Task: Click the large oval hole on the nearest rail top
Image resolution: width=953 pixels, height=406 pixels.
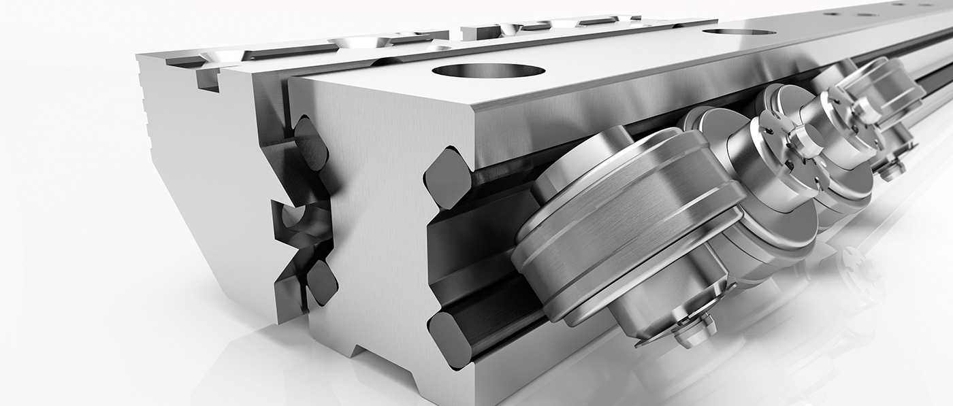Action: coord(488,70)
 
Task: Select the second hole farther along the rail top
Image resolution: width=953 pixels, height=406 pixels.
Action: coord(739,31)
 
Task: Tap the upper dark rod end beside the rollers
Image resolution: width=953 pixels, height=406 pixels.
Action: coord(447,178)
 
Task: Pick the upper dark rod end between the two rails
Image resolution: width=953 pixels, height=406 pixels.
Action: coord(310,143)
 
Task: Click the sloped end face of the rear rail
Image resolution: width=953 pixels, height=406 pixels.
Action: coord(204,204)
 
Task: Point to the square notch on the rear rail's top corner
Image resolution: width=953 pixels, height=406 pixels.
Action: coord(207,78)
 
